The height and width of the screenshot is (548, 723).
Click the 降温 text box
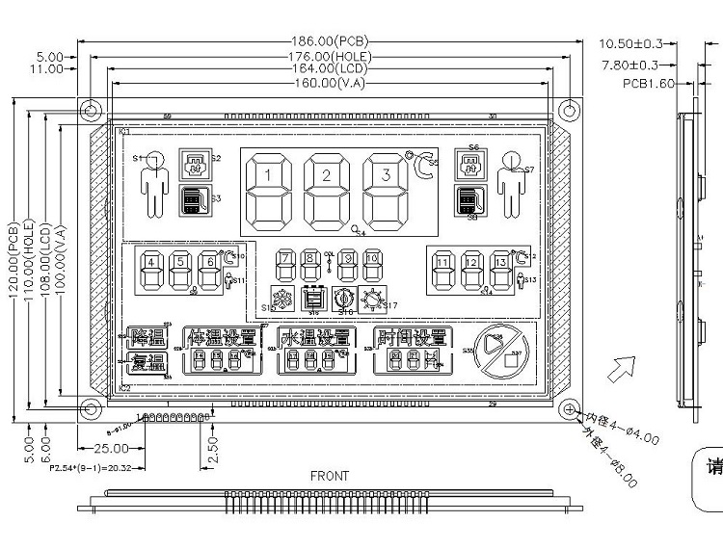[x=147, y=338]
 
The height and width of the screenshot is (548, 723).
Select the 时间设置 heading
[x=413, y=338]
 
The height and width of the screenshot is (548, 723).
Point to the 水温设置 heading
[x=315, y=338]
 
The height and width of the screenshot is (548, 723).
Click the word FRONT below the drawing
[x=330, y=476]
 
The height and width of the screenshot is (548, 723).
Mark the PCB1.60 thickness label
[x=646, y=84]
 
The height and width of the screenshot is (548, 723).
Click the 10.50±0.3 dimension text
[x=631, y=43]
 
